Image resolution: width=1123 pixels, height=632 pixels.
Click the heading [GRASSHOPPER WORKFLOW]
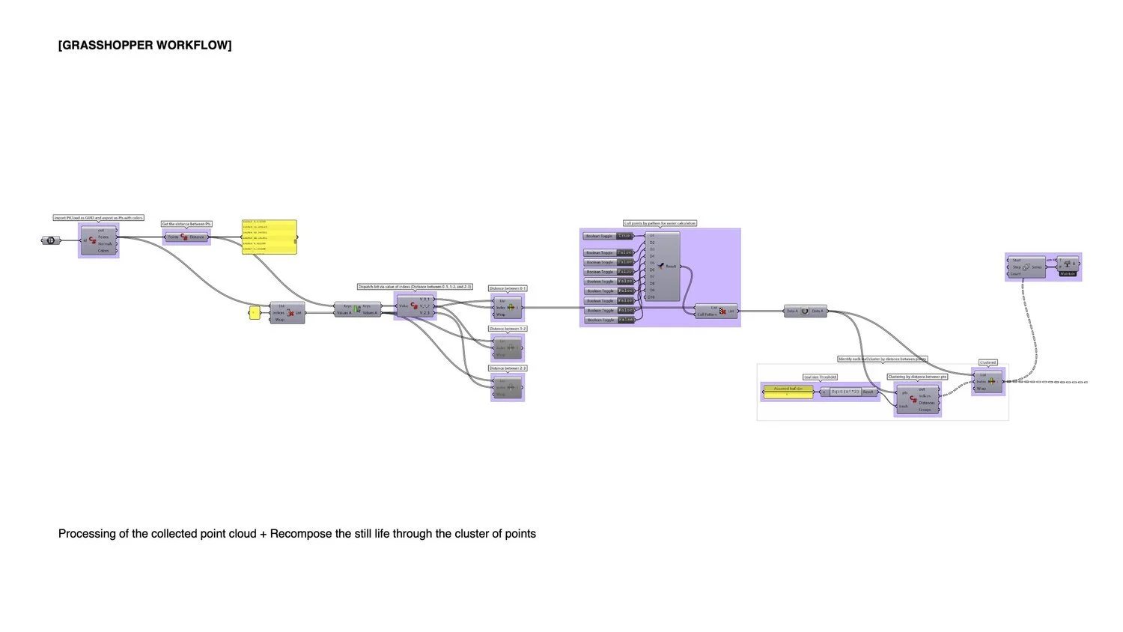coord(144,46)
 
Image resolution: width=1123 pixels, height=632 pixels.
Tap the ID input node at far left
coord(50,240)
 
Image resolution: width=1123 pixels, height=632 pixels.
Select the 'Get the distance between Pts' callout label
coord(186,224)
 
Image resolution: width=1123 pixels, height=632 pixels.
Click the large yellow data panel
coord(269,237)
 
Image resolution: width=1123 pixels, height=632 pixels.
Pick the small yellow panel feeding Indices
coord(254,313)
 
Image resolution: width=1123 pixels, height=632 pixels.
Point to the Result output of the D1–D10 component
coord(671,266)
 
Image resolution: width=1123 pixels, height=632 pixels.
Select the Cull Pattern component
coord(716,311)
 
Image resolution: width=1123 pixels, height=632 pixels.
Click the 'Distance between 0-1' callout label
coord(508,288)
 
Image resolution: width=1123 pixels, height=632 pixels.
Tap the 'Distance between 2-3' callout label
coord(508,368)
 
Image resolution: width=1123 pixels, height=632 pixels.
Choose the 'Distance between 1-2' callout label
coord(508,329)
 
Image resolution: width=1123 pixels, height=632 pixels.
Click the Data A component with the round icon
coord(805,311)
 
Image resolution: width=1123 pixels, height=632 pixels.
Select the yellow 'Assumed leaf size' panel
coord(788,390)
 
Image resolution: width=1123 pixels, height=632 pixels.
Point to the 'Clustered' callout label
coord(987,362)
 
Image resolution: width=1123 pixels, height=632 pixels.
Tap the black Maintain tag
coord(1068,273)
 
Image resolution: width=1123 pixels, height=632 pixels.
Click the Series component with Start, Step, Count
coord(1026,267)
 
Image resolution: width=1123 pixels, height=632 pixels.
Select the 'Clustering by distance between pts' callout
coord(917,377)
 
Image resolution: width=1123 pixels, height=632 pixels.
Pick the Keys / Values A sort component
coord(357,309)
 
